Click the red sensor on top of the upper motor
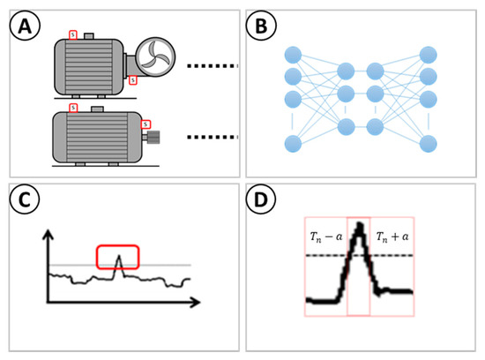[73, 36]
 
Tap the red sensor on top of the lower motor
[74, 108]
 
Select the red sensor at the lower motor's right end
[145, 124]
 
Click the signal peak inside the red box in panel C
[118, 258]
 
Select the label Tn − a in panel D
[325, 236]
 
